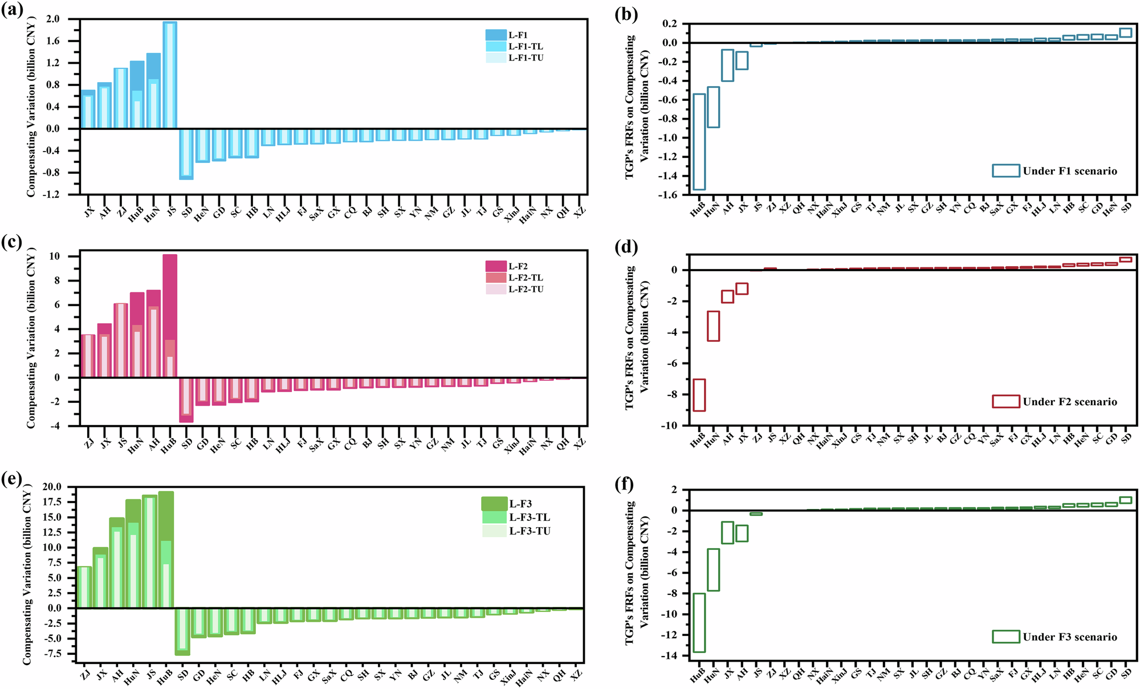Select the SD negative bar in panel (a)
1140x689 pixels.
tap(186, 154)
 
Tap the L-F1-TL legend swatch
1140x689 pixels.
tap(495, 47)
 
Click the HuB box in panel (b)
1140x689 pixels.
tap(699, 141)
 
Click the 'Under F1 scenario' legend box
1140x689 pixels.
tap(1005, 171)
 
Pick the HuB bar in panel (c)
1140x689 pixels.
tap(170, 316)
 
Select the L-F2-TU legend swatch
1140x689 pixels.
tap(495, 290)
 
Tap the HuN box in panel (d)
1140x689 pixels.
tap(713, 326)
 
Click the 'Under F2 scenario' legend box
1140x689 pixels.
tap(1005, 402)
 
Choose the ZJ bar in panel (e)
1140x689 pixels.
tap(84, 587)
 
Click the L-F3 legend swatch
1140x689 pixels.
tap(494, 504)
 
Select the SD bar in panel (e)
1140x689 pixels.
tap(182, 631)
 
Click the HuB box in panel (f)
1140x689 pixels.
tap(699, 623)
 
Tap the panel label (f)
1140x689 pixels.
tap(625, 484)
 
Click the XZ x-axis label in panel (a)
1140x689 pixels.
tap(579, 212)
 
